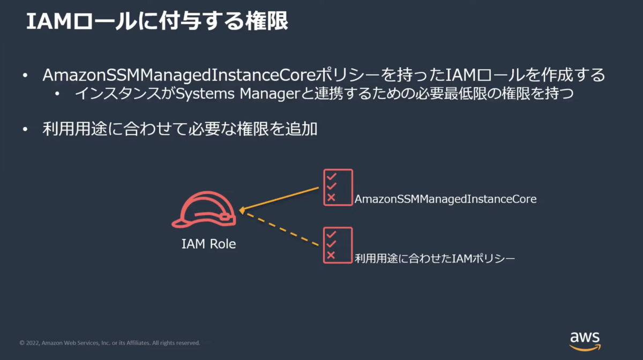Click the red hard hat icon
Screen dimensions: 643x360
(x=204, y=209)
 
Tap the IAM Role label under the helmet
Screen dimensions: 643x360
(x=208, y=244)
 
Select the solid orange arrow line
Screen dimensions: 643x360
(x=279, y=199)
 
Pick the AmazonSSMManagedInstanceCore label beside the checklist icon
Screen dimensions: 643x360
(x=445, y=199)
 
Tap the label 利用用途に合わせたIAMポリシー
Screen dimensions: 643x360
(x=435, y=258)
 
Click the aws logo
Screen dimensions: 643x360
(x=585, y=341)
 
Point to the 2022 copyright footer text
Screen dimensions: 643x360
(x=110, y=343)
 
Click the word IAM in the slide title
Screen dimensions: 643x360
(x=49, y=21)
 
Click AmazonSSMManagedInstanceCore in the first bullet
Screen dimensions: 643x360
(x=180, y=75)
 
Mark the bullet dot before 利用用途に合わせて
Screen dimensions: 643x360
(x=25, y=130)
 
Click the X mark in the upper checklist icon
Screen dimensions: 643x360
(x=331, y=197)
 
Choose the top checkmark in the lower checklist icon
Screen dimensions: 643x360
(x=331, y=234)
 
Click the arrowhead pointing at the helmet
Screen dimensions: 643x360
(x=242, y=211)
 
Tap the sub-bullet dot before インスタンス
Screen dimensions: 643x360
(x=57, y=94)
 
